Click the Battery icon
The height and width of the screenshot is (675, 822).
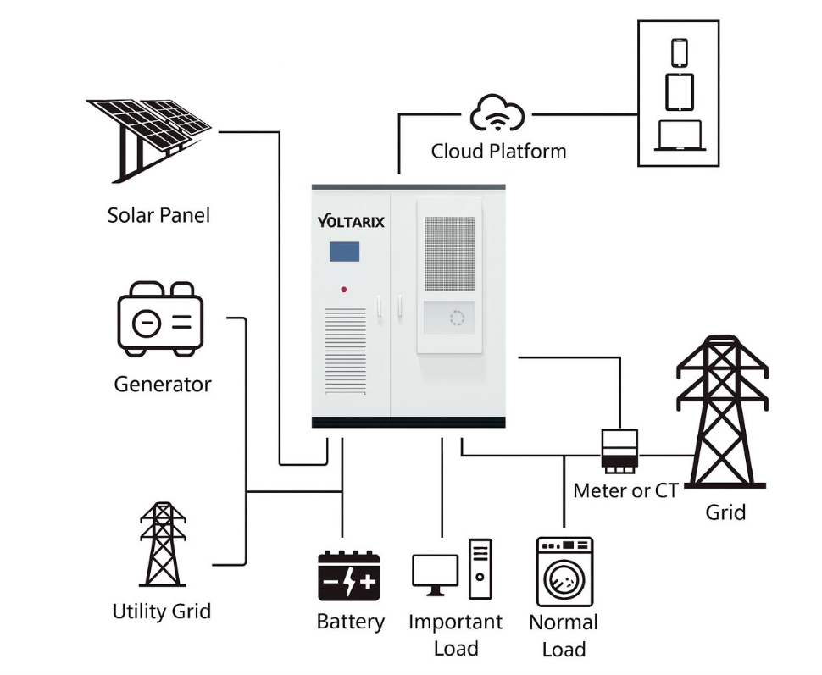click(x=349, y=577)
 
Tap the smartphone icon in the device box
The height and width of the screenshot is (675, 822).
click(x=680, y=52)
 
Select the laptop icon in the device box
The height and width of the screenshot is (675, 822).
click(x=679, y=136)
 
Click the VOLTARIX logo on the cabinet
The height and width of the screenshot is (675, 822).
click(x=351, y=222)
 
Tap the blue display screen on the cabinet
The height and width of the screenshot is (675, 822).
click(x=344, y=252)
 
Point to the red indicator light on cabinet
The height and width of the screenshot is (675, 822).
click(x=344, y=290)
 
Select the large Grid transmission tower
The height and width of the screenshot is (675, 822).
click(x=721, y=412)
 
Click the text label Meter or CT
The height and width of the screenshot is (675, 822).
click(x=625, y=490)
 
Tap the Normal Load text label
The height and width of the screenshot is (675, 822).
click(x=564, y=635)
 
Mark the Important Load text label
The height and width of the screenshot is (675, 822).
click(x=456, y=634)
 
